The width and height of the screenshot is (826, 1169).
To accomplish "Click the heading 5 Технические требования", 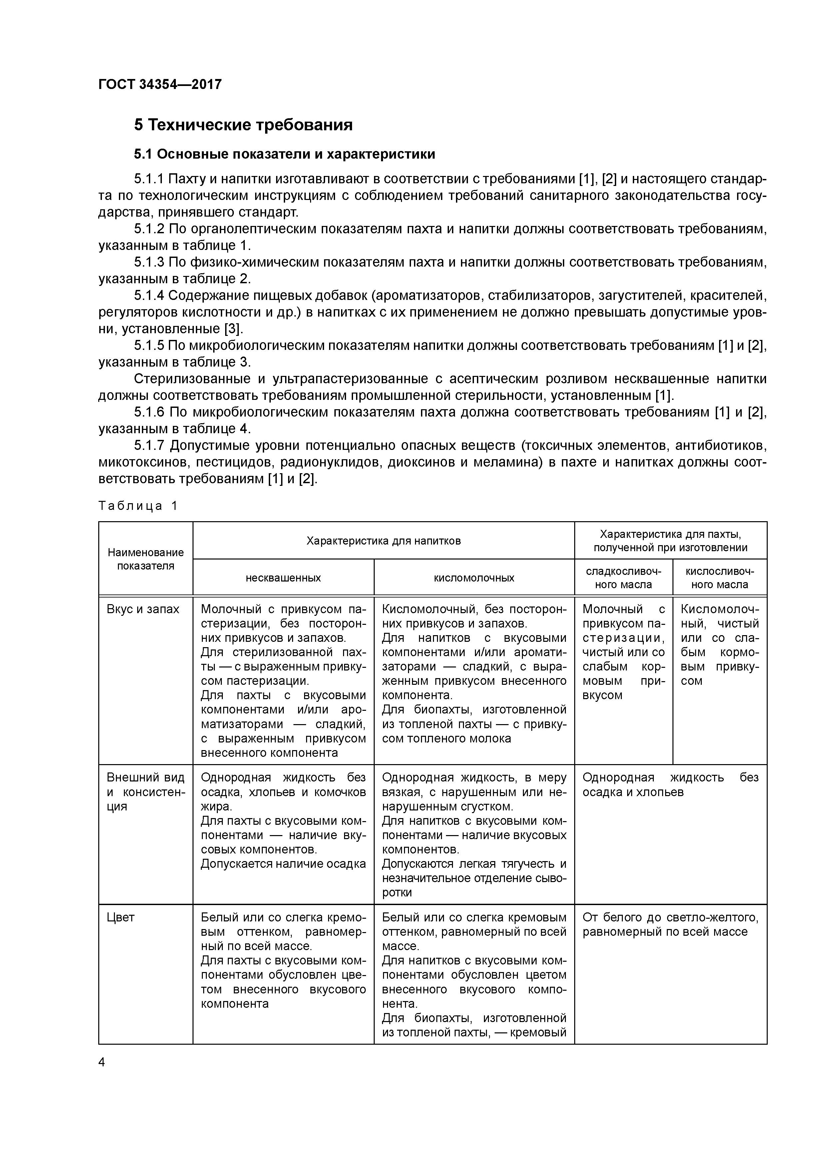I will pos(243,125).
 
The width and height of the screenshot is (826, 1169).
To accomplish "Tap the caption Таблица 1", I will pos(138,506).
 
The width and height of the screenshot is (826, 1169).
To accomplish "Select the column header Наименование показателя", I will pos(146,559).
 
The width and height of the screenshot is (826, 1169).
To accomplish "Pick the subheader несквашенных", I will pos(283,578).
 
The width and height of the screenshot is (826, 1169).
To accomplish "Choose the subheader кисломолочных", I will pos(474,578).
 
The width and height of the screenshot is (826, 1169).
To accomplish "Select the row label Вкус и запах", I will pos(143,609).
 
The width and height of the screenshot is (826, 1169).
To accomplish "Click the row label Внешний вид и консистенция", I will pos(146,792).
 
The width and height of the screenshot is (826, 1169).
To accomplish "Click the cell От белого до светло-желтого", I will pos(670,925).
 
